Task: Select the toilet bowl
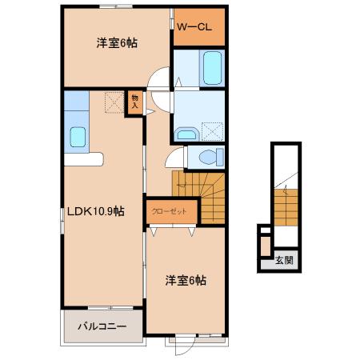tap(210, 156)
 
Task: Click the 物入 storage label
tap(135, 102)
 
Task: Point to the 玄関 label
tap(284, 259)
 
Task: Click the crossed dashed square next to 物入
tap(114, 102)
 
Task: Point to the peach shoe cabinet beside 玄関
tap(264, 245)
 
